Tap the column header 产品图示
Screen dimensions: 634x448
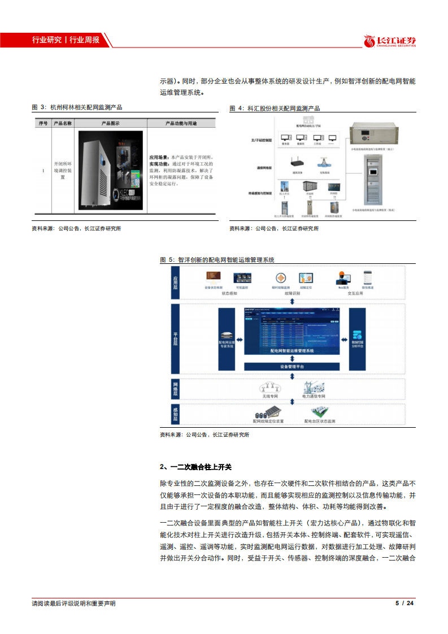pos(110,123)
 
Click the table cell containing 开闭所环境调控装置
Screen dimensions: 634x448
pos(63,169)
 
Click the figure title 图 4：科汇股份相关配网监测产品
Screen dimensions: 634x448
pos(275,108)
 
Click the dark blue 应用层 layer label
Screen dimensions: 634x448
pos(176,283)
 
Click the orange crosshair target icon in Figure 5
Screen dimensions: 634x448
pos(281,279)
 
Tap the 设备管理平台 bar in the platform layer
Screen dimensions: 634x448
pos(292,367)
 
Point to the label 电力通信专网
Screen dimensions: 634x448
pos(317,396)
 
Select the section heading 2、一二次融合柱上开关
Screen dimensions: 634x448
pos(196,467)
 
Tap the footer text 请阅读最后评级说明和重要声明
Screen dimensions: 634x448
pos(74,603)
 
